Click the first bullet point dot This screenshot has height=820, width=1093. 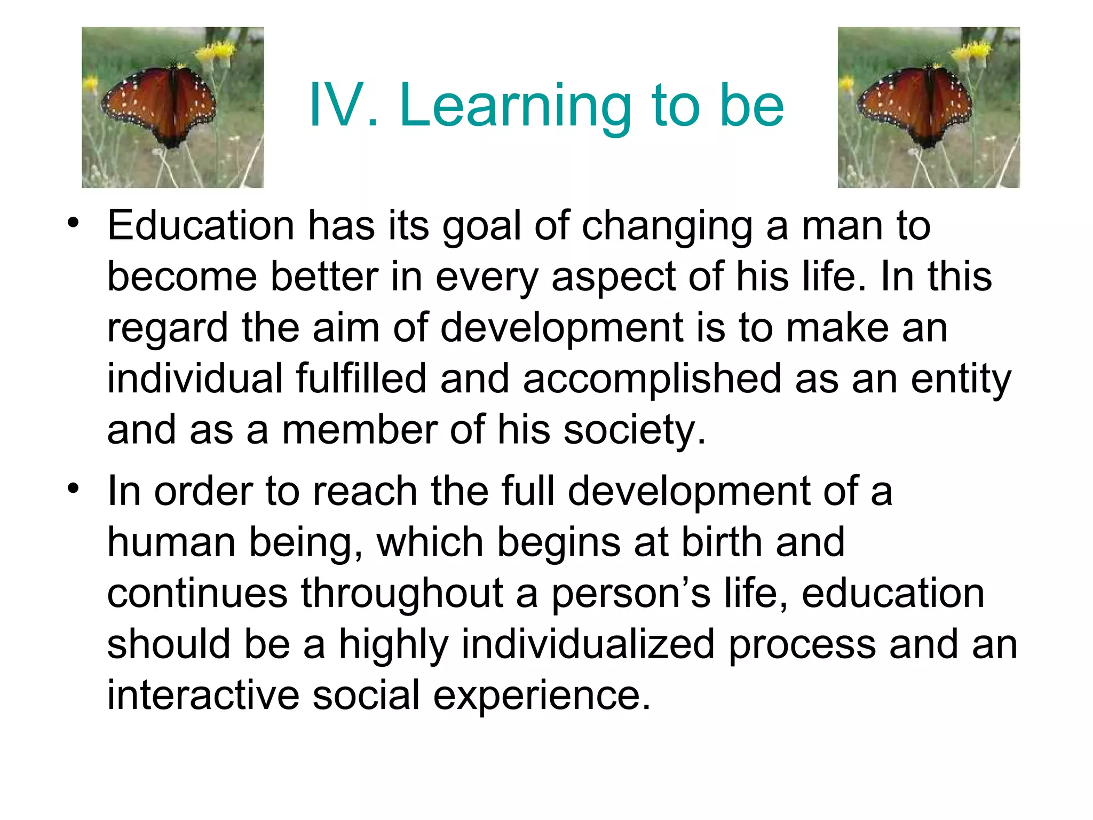tap(73, 223)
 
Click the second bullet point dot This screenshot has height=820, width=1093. tap(73, 488)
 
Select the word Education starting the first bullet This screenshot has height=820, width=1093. tap(201, 226)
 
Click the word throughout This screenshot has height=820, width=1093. tap(401, 594)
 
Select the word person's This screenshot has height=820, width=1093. tap(630, 594)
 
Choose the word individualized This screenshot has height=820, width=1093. tap(588, 644)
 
